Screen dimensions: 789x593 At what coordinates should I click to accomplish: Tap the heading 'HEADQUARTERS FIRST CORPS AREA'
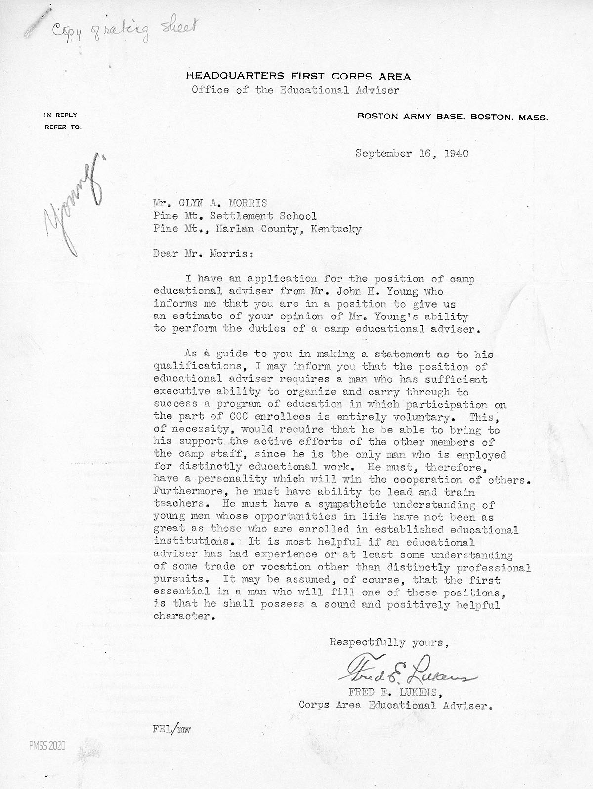[298, 76]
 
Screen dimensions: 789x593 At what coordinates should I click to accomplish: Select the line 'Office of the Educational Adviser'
[295, 90]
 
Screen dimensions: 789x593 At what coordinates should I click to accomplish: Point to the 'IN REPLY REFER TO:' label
[62, 121]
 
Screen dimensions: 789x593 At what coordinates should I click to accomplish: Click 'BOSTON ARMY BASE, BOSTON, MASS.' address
[452, 118]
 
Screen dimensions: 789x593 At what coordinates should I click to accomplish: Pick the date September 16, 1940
[412, 153]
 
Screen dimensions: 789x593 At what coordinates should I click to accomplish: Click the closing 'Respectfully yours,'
[389, 643]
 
